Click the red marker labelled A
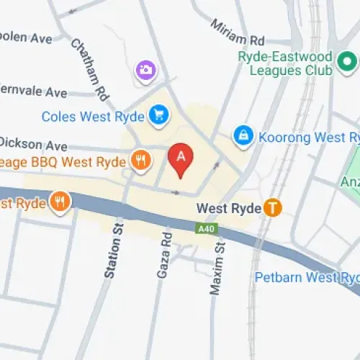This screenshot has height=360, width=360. click(x=181, y=158)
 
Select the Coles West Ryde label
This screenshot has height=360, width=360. click(x=93, y=114)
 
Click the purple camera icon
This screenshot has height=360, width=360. click(x=145, y=70)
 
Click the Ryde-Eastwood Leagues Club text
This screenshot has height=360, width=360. click(x=287, y=64)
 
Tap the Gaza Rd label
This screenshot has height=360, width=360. click(x=163, y=255)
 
